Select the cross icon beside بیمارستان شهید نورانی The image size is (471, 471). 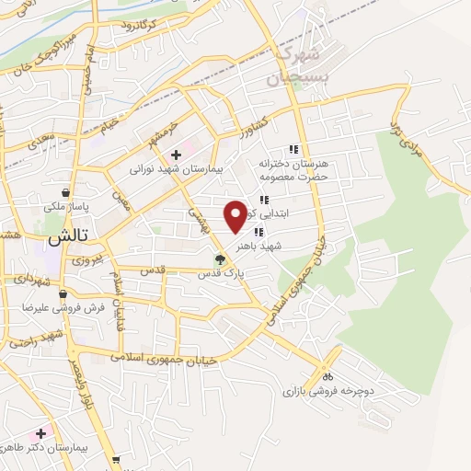(176, 155)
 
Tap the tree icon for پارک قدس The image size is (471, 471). (219, 259)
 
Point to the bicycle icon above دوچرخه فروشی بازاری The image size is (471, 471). (327, 375)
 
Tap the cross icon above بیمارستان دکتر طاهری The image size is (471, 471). (40, 431)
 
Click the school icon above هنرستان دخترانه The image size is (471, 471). (293, 149)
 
